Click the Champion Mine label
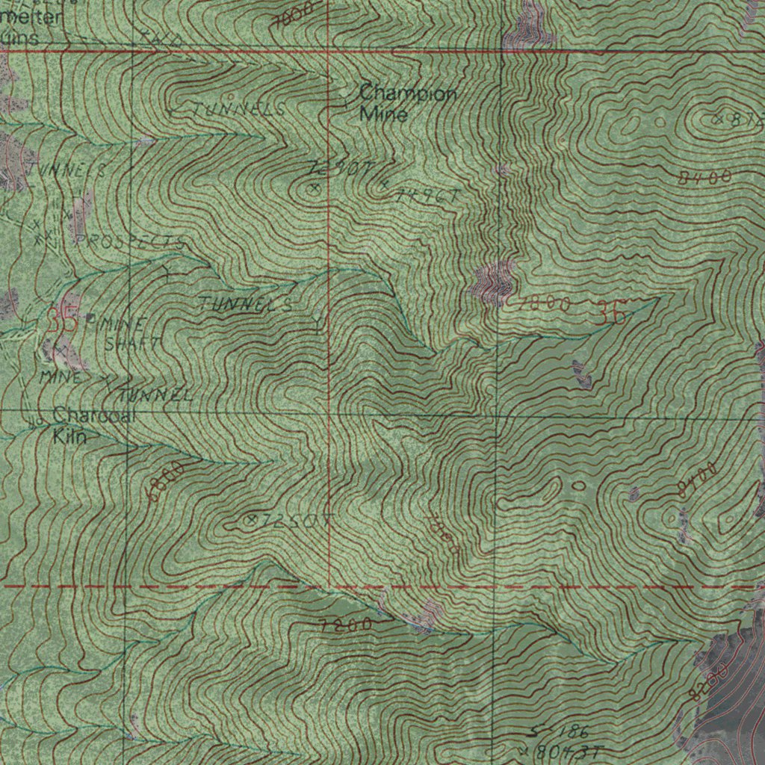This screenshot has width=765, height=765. pyautogui.click(x=406, y=104)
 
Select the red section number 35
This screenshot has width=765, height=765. pyautogui.click(x=61, y=321)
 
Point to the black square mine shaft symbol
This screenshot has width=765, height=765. pyautogui.click(x=90, y=318)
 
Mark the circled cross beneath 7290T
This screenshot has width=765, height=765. pyautogui.click(x=315, y=190)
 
